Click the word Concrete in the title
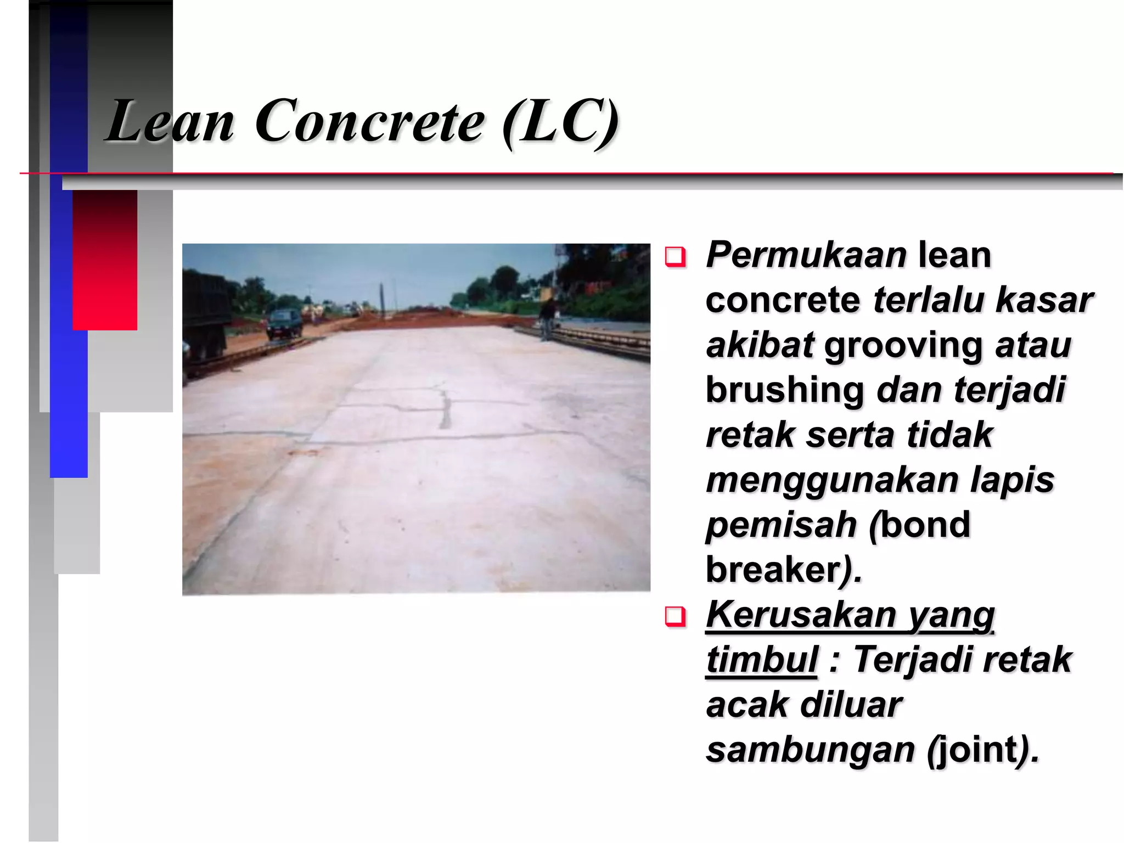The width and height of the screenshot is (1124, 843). pyautogui.click(x=369, y=122)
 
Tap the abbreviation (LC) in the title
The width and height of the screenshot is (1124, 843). pyautogui.click(x=561, y=122)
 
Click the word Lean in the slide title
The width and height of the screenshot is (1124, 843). pyautogui.click(x=170, y=122)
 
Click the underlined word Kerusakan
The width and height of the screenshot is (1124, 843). pyautogui.click(x=800, y=615)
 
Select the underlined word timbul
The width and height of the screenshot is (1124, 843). pyautogui.click(x=762, y=660)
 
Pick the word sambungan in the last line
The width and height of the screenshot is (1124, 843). pyautogui.click(x=810, y=750)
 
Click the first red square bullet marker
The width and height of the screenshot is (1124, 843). pyautogui.click(x=675, y=257)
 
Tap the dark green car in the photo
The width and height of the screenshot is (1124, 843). pyautogui.click(x=284, y=324)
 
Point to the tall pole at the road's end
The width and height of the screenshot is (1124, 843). pyautogui.click(x=380, y=299)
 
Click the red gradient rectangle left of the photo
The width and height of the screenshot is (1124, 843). pyautogui.click(x=105, y=260)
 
